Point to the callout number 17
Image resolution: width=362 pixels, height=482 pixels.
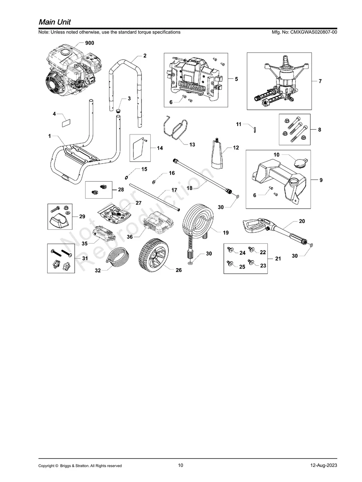pos(174,190)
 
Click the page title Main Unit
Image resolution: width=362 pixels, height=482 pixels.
pos(55,22)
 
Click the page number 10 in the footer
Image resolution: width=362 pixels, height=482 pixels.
pos(181,465)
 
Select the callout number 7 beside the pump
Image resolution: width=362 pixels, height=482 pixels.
pos(320,81)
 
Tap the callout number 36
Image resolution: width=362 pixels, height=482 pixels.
pos(129,237)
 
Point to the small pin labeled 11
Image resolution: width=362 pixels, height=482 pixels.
pos(254,128)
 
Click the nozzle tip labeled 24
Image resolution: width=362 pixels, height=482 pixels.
pos(231,250)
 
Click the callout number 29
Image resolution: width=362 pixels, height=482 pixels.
pos(82,217)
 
